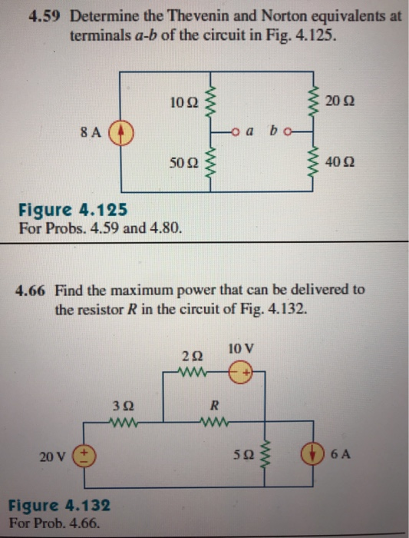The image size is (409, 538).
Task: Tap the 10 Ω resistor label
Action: (184, 100)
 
